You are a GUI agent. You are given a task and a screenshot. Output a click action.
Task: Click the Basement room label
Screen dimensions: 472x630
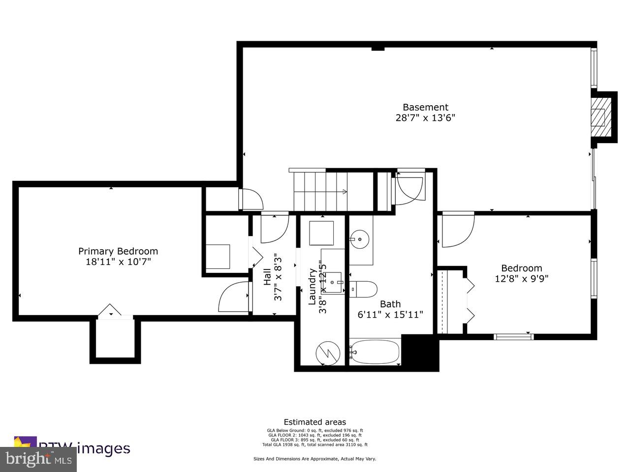coord(425,107)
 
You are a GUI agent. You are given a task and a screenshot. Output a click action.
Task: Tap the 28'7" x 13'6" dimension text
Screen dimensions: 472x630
coord(425,118)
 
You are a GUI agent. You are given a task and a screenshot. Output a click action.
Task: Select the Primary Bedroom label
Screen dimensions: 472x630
coord(118,251)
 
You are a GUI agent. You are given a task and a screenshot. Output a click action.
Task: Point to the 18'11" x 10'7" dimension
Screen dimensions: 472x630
coord(118,262)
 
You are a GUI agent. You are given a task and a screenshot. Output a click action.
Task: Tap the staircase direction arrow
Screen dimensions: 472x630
coord(343,192)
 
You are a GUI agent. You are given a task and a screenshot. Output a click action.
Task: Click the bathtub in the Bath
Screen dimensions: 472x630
coord(375,352)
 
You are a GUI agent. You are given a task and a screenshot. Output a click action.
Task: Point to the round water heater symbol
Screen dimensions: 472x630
coord(327,352)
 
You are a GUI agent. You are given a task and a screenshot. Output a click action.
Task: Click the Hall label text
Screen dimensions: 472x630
coord(267,277)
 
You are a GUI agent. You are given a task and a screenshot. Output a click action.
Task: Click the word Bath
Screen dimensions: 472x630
coord(390,304)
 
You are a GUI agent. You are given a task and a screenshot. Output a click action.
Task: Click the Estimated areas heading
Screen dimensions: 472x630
coord(315,422)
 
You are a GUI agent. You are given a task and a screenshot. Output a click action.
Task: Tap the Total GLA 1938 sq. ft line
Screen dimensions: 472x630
coord(315,444)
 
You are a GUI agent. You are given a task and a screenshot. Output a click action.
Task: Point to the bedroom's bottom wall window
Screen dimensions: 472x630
coord(514,337)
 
